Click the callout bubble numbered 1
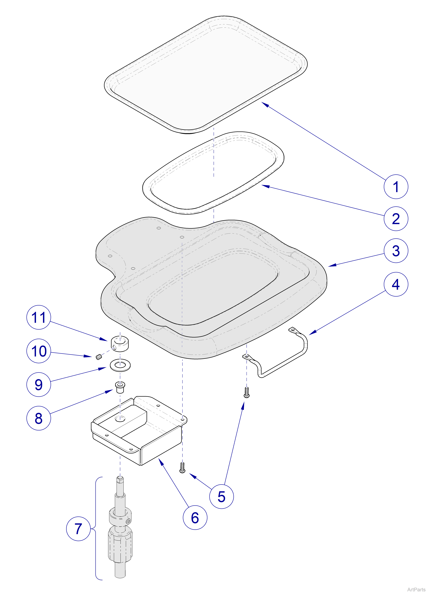pyautogui.click(x=396, y=187)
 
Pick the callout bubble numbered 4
pyautogui.click(x=396, y=284)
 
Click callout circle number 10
pyautogui.click(x=39, y=351)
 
